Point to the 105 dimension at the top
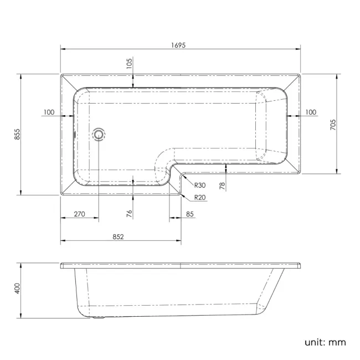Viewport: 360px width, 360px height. (130, 64)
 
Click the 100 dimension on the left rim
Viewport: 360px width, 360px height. (48, 112)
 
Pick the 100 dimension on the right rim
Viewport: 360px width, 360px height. (310, 112)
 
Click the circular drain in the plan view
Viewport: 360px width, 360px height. (99, 133)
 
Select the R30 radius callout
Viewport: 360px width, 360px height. (200, 186)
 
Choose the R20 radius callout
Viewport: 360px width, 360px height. (200, 198)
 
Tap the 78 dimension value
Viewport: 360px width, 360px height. (222, 186)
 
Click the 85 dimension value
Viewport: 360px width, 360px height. (190, 214)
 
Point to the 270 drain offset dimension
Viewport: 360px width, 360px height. (79, 214)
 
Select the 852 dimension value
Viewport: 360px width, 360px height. (117, 236)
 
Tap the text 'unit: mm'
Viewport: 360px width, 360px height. (325, 342)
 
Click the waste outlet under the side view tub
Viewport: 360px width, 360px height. (99, 318)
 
